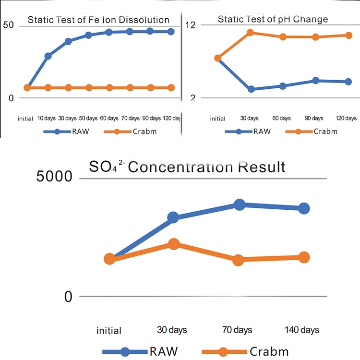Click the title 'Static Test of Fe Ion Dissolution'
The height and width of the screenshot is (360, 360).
pos(98,20)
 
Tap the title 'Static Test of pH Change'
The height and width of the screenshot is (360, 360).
pos(273,19)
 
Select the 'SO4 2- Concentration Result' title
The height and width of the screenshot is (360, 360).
pos(187,167)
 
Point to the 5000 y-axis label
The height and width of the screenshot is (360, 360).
pos(54,178)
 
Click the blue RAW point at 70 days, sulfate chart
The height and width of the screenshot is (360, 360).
pos(239,205)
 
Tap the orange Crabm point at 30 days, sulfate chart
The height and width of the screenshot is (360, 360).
pos(173,244)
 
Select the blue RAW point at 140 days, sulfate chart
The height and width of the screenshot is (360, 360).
pos(304,208)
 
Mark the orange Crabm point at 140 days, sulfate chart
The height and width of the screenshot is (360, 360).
pos(304,257)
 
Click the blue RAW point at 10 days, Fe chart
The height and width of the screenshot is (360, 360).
pos(48,56)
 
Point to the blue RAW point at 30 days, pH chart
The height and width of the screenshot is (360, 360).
pos(251,89)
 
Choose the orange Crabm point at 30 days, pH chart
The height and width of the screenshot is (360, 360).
pos(250,33)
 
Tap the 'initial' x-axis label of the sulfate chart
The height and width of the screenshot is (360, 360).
pos(108,330)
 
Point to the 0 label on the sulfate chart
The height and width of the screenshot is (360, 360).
pos(67,297)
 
